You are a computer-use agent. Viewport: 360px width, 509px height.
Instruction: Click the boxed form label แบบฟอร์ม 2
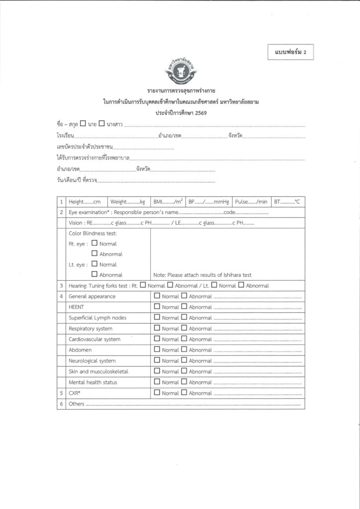click(x=290, y=52)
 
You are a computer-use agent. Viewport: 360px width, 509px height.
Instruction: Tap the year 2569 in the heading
click(x=198, y=113)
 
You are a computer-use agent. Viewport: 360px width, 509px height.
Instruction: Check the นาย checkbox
click(x=83, y=123)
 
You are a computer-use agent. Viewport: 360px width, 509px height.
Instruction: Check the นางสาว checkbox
click(x=101, y=123)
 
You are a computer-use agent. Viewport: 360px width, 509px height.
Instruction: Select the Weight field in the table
click(x=127, y=202)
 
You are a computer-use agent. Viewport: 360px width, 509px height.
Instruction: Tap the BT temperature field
click(x=287, y=202)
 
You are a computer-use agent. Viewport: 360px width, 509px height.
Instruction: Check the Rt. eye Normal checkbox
click(x=94, y=244)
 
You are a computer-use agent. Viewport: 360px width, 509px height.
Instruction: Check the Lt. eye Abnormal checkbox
click(x=94, y=274)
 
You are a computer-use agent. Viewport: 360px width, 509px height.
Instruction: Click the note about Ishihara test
click(x=202, y=275)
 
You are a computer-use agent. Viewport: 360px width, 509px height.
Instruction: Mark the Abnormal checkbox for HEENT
click(x=184, y=307)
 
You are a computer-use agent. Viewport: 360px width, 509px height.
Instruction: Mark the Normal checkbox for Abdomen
click(x=157, y=349)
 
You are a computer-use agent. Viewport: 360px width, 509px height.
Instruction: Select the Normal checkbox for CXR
click(x=157, y=393)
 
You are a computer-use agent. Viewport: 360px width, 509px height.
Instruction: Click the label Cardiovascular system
click(x=94, y=339)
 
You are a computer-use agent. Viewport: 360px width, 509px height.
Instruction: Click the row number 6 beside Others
click(x=61, y=404)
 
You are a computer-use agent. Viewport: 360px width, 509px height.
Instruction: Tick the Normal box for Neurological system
click(x=157, y=360)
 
